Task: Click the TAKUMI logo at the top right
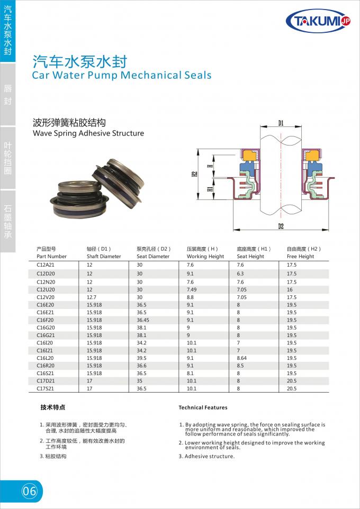[319, 21]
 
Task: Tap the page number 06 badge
[30, 491]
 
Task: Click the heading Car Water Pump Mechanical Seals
[122, 75]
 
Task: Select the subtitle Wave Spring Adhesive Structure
[88, 133]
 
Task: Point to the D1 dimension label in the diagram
[281, 123]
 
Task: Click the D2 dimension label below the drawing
[281, 226]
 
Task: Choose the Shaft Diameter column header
[104, 257]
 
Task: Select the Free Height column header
[300, 257]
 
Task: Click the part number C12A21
[46, 264]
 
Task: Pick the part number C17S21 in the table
[46, 388]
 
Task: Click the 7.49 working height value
[192, 290]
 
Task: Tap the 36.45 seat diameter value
[143, 320]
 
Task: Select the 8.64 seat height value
[242, 358]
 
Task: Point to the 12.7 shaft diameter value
[91, 297]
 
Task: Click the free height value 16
[290, 290]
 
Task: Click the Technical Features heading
[203, 407]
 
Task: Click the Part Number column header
[52, 257]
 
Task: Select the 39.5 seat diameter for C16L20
[141, 358]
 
